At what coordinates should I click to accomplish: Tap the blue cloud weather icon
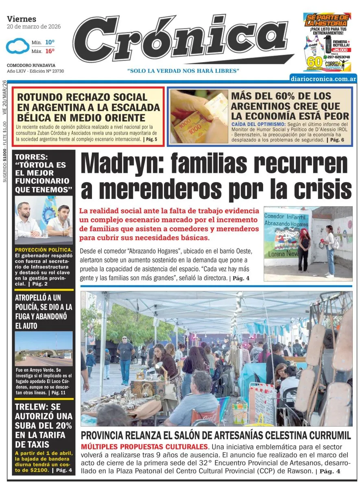[17, 46]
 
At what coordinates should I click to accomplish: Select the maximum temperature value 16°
[50, 51]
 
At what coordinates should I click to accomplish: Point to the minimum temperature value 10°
[50, 42]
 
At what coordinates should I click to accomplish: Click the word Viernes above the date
[22, 19]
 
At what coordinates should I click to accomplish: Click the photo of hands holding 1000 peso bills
[199, 116]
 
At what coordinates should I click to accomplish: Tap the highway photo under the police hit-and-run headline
[44, 348]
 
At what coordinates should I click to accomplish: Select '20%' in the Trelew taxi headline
[61, 426]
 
